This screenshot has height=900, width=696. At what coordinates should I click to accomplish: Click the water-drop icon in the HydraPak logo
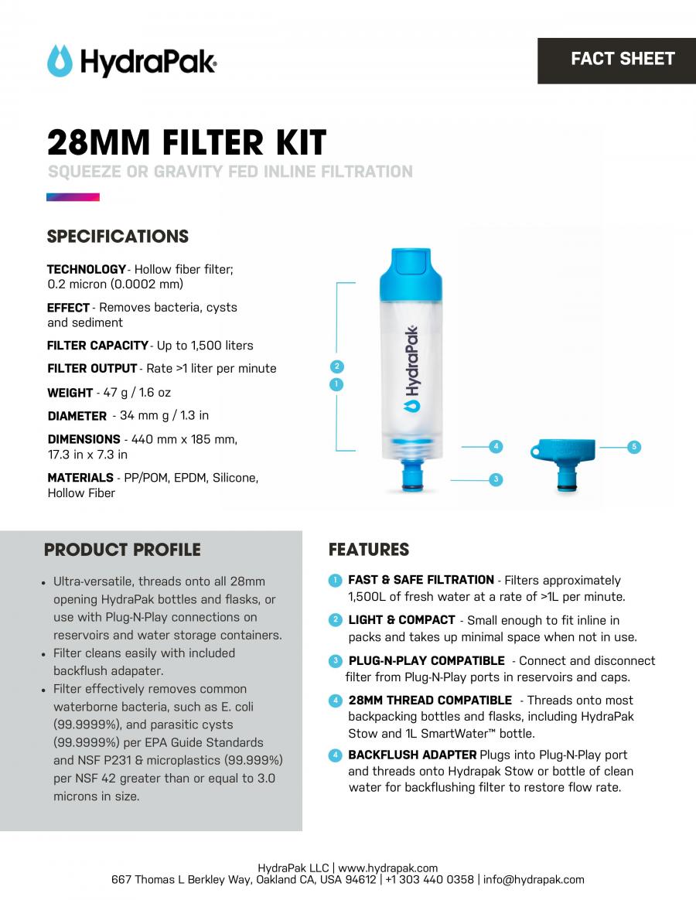point(60,61)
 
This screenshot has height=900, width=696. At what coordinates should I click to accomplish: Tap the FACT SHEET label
point(623,59)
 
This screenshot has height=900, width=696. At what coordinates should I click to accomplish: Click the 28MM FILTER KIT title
point(186,142)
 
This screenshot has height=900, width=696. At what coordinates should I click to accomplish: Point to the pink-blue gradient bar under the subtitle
point(73,197)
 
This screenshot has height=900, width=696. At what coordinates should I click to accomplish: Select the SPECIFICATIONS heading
point(118,237)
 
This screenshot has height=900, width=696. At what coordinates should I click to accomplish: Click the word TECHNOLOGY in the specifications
point(86,269)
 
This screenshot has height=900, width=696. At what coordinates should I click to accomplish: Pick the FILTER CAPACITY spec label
point(97,346)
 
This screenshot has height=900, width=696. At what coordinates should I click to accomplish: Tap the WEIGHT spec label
point(70,393)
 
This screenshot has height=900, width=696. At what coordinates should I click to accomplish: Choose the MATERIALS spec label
point(80,478)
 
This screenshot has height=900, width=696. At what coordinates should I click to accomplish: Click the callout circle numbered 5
point(634,447)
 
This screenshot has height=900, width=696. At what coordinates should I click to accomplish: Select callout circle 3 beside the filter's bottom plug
point(496,479)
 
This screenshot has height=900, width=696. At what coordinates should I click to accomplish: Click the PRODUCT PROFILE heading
point(122,550)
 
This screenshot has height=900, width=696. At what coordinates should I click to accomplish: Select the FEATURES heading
point(369,550)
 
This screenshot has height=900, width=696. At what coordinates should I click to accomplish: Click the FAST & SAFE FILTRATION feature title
point(421,580)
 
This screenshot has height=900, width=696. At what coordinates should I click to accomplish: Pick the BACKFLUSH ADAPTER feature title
point(412,755)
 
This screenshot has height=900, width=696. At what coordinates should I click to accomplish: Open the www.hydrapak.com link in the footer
point(387,868)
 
